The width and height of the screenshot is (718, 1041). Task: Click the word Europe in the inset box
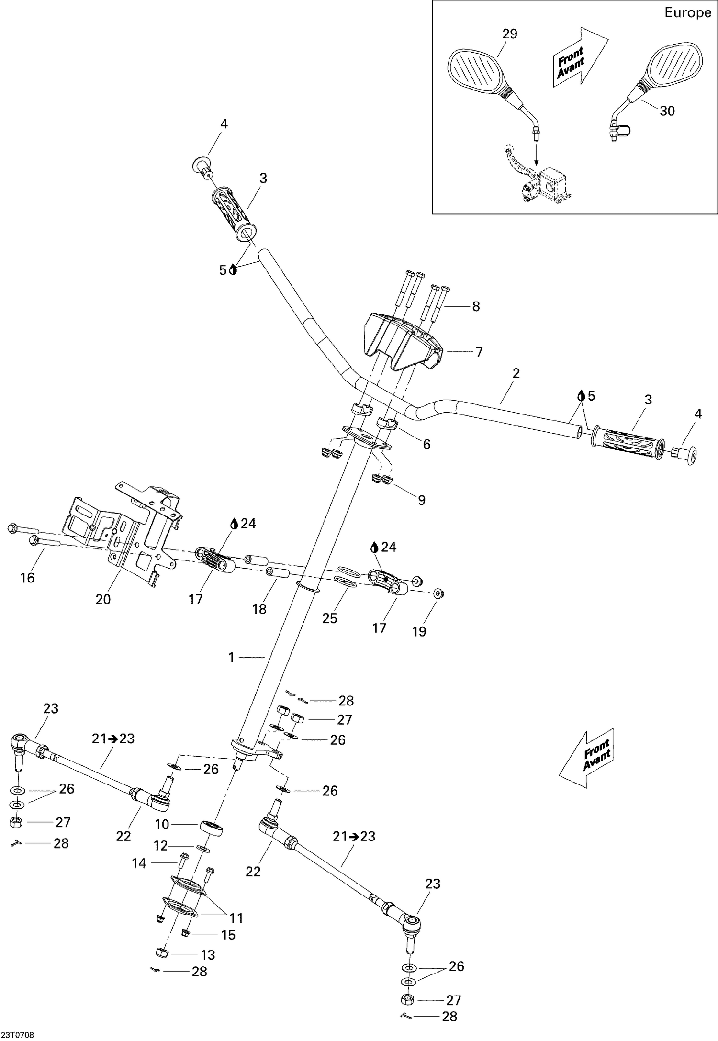point(687,13)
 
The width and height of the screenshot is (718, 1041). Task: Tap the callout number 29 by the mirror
point(510,34)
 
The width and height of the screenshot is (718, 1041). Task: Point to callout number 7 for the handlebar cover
point(479,352)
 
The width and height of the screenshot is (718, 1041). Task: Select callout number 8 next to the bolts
point(475,306)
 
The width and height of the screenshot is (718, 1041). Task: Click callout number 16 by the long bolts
point(27,578)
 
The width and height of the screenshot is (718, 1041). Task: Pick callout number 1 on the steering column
point(231,658)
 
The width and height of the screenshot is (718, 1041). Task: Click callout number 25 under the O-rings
point(329,618)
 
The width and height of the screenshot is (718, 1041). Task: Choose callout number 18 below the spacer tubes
point(259,609)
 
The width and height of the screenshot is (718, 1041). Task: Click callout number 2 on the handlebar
point(516,373)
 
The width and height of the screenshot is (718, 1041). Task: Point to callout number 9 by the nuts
point(421,500)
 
